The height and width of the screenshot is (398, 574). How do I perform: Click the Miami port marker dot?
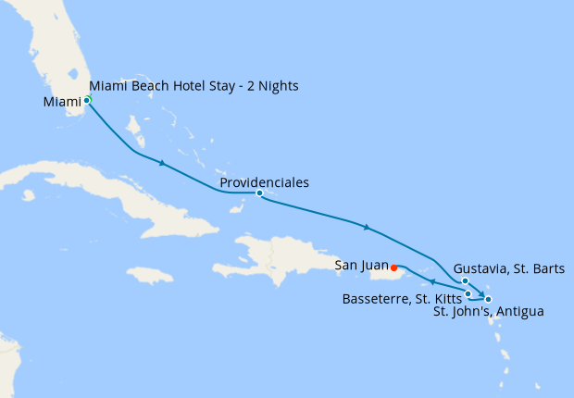click(87, 99)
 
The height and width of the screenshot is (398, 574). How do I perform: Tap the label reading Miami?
click(62, 103)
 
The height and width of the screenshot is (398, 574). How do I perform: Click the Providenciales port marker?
click(259, 193)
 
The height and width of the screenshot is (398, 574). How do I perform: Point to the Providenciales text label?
click(264, 182)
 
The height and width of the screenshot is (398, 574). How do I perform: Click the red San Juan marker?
click(395, 268)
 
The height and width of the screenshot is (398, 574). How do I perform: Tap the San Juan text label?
click(362, 265)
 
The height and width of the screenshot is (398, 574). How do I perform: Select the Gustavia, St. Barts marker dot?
click(465, 281)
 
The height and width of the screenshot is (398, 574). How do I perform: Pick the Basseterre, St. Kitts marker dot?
click(468, 293)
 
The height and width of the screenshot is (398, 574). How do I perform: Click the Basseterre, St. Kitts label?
click(402, 299)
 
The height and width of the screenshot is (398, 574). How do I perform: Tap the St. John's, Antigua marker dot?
click(488, 299)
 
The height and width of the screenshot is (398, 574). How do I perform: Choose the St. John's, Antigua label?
click(488, 312)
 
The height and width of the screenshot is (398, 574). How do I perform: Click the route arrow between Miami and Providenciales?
click(163, 164)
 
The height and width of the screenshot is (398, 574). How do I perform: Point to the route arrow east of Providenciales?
click(368, 227)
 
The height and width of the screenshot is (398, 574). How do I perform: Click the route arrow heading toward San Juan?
click(432, 281)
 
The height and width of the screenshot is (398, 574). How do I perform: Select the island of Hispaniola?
click(278, 259)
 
